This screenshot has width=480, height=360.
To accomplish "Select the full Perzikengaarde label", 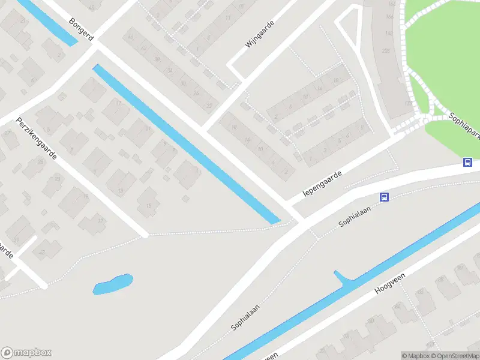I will coord(37,137).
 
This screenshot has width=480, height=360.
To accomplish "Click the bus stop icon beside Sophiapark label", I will coord(467,161).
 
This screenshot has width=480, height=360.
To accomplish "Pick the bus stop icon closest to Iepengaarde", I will coord(385,197).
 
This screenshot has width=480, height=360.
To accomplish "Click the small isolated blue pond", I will coord(113,283).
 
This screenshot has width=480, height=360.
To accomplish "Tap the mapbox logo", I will coord(26,353).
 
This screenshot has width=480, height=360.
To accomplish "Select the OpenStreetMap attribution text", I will coord(457,356).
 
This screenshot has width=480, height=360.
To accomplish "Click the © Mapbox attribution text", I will coord(416,356).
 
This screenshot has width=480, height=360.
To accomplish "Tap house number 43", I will coord(42,252).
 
